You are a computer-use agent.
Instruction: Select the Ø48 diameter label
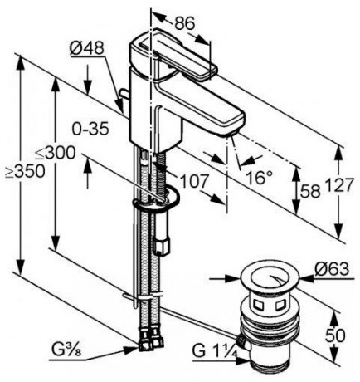pyautogui.click(x=87, y=51)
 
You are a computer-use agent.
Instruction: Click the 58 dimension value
pyautogui.click(x=308, y=190)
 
